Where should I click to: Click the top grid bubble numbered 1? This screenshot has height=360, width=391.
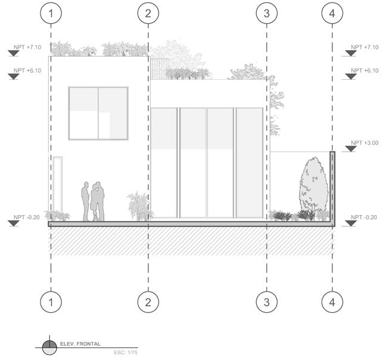[51, 13]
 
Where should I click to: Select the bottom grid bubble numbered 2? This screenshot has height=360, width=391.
[148, 302]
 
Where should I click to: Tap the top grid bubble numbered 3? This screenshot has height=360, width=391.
[266, 13]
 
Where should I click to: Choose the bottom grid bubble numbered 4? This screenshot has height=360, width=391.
[332, 302]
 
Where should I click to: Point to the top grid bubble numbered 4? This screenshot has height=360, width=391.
[332, 13]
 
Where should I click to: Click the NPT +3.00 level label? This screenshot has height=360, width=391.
[365, 143]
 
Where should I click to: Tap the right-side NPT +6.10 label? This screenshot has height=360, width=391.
[365, 70]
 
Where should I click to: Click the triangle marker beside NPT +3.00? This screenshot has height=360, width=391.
[349, 149]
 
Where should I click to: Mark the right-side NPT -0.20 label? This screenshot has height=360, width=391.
[365, 217]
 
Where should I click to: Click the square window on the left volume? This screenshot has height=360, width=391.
[98, 113]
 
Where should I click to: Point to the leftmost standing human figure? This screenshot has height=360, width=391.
[86, 201]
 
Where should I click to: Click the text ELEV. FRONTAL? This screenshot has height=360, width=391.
[80, 344]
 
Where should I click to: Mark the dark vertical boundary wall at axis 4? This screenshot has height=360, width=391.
[333, 186]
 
